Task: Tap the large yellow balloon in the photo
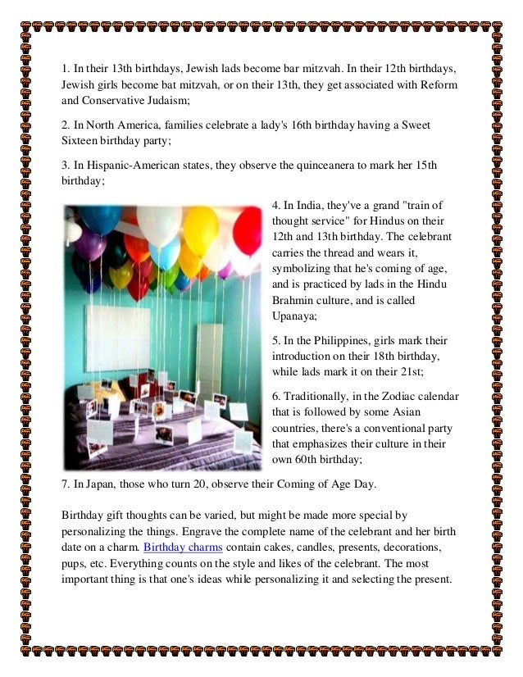(x=200, y=229)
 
